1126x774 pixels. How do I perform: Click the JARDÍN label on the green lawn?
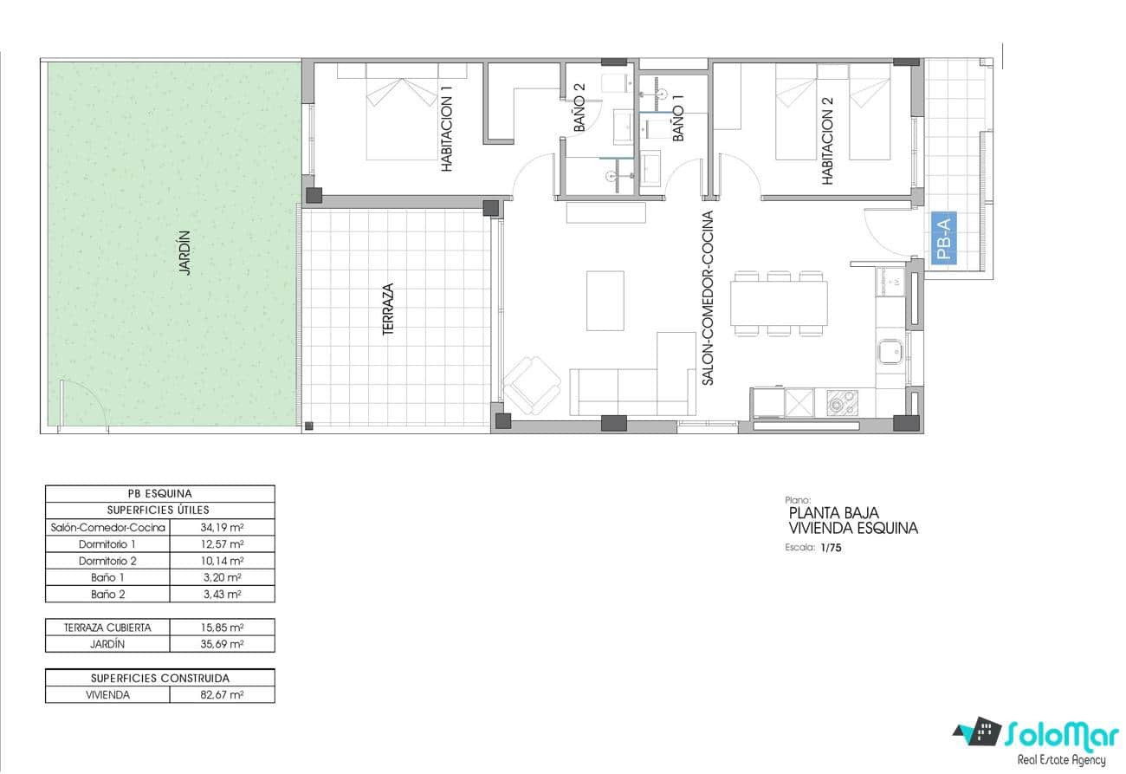[184, 252]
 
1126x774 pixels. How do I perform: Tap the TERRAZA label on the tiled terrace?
[389, 309]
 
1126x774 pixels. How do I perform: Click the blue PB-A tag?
[943, 240]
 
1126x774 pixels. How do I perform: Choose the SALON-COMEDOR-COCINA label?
[708, 297]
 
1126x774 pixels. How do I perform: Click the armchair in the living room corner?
[531, 385]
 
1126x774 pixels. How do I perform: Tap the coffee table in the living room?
[605, 300]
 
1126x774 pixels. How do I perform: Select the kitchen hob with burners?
[841, 401]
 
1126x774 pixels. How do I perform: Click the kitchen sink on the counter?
[890, 353]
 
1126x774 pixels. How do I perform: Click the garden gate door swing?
[83, 405]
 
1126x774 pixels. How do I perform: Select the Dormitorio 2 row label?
[108, 561]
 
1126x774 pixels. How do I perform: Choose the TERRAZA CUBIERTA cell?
[108, 628]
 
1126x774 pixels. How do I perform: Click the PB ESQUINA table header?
[159, 493]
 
